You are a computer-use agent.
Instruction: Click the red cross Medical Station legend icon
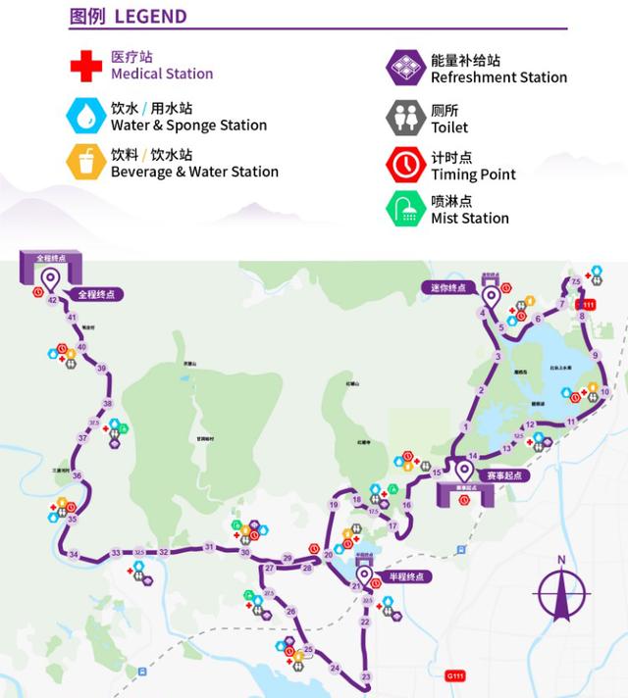pos(85,66)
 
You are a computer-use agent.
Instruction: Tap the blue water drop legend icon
pos(85,115)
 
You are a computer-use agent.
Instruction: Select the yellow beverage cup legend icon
pos(85,162)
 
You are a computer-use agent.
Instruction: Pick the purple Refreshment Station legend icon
pos(405,68)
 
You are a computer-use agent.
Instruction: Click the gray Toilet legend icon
pos(405,118)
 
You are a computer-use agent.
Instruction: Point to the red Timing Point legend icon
pos(405,165)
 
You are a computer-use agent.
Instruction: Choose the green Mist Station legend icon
pos(405,209)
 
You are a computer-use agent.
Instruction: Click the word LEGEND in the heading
pos(150,17)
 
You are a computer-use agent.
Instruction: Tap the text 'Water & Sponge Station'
pos(188,125)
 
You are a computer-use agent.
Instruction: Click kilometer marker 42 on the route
pos(52,300)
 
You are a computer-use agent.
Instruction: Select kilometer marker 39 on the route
pos(101,368)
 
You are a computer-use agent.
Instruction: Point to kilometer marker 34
pos(74,555)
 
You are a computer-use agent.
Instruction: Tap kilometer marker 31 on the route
pos(209,547)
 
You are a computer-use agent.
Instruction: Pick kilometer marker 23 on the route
pos(366,676)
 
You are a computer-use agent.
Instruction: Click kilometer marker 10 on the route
pos(604,391)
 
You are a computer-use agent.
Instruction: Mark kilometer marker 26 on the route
pos(290,612)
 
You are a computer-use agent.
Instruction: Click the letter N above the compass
pos(561,560)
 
